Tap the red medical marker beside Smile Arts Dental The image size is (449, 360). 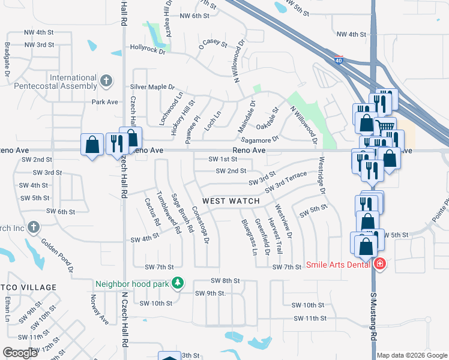(x=379, y=264)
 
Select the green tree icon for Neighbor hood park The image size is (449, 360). (x=178, y=282)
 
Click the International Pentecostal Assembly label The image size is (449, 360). (x=74, y=82)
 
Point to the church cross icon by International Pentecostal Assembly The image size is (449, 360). (x=106, y=80)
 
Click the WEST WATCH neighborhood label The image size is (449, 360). (x=231, y=201)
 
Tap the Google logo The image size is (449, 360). (x=20, y=353)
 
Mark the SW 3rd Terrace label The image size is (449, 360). (x=291, y=182)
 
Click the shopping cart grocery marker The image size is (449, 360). (x=385, y=127)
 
